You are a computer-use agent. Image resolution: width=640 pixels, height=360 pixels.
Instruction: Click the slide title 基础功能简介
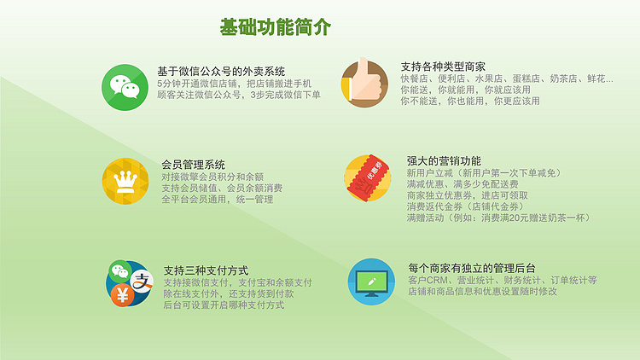point(275,27)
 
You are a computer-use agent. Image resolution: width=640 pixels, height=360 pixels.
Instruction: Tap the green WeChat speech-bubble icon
point(125,87)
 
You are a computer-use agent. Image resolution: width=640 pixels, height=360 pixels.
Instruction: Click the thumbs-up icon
point(364,84)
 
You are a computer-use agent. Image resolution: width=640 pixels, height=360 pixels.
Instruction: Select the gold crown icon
point(125,181)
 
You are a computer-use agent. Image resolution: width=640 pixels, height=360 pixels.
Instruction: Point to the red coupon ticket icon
point(367,178)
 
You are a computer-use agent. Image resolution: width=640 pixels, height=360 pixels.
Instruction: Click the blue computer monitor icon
point(371,282)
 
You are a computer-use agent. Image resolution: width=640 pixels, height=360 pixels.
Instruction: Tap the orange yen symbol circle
point(122,294)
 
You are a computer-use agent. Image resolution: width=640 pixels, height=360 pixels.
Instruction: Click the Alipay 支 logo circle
point(142,281)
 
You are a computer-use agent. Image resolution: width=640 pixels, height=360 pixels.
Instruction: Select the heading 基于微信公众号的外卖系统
point(221,72)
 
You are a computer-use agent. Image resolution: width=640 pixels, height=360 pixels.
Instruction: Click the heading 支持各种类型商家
point(443,67)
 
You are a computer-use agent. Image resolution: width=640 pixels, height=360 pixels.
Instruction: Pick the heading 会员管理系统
point(193,165)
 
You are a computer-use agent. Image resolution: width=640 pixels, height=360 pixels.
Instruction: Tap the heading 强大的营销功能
point(444,161)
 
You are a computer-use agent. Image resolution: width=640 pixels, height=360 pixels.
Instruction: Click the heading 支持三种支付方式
point(206,270)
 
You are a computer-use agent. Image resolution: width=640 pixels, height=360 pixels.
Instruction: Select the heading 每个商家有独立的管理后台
point(472,268)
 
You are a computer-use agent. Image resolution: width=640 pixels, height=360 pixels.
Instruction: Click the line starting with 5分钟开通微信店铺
point(235,84)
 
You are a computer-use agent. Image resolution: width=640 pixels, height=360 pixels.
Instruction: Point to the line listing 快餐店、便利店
point(507,78)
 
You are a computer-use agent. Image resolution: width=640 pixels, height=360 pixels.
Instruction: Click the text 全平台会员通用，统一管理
point(217,199)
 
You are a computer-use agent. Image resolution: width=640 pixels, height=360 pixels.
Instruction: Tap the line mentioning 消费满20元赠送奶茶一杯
point(498,218)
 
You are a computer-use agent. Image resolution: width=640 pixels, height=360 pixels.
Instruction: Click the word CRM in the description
point(436,281)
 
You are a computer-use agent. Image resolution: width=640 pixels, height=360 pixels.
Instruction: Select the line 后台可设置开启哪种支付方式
point(224,305)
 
